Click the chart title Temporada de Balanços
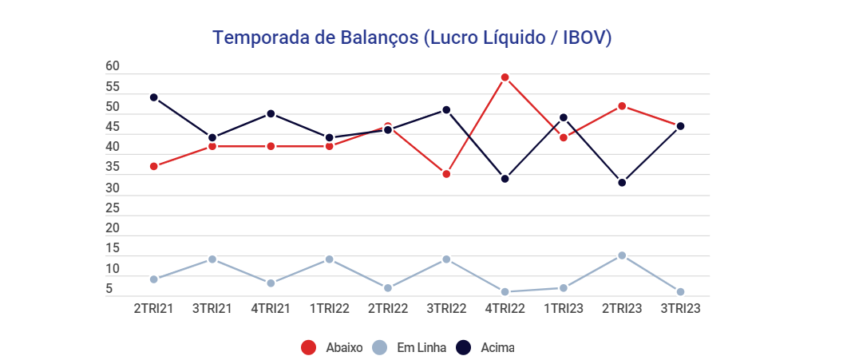[x=412, y=38]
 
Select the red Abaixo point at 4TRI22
[x=505, y=77]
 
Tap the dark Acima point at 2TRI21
[x=153, y=97]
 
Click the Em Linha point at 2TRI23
[x=622, y=255]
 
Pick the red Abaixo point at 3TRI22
[x=446, y=174]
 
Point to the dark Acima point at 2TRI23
[x=622, y=182]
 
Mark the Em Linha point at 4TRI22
[x=505, y=291]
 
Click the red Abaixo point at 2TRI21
[x=153, y=166]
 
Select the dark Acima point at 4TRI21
[x=271, y=113]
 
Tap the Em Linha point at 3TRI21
[x=212, y=259]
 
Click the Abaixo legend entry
[x=332, y=347]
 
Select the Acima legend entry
[x=485, y=347]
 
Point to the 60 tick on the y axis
[x=113, y=66]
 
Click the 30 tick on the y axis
[x=113, y=188]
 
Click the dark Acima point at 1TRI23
[x=564, y=117]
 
